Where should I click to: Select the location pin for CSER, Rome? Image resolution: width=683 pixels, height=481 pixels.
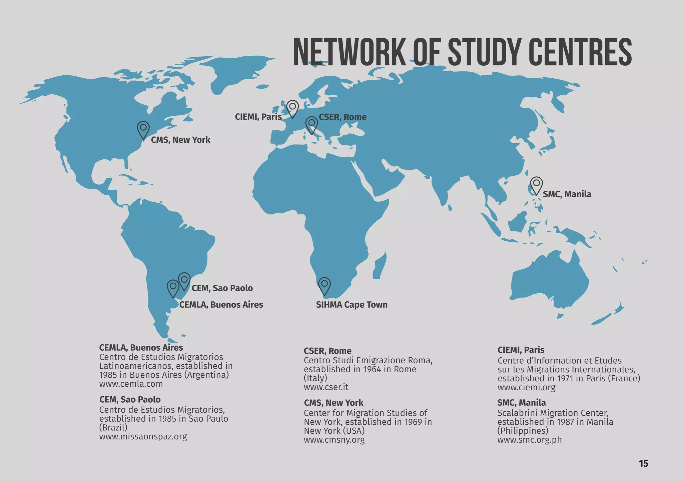(311, 125)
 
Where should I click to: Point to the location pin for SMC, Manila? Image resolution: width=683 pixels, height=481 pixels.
(536, 185)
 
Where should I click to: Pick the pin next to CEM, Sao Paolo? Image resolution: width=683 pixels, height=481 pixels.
(184, 281)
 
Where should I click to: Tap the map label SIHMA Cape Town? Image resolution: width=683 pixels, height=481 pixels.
(352, 305)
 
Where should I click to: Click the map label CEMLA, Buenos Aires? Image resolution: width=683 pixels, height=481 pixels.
(221, 305)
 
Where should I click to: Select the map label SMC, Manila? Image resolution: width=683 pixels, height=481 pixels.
(567, 194)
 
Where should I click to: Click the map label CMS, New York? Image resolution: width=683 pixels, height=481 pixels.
(180, 140)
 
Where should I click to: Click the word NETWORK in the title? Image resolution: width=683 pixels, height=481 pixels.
(350, 52)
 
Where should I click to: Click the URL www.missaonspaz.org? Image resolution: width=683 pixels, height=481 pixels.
(143, 436)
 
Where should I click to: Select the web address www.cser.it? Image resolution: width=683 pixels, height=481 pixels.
(326, 387)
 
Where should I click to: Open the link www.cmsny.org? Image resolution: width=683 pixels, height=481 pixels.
(334, 440)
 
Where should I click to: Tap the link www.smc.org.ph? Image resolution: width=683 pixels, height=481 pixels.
(530, 440)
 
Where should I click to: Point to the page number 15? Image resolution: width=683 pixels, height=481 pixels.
(643, 463)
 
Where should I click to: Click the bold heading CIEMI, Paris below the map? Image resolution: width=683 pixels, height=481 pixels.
(521, 350)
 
